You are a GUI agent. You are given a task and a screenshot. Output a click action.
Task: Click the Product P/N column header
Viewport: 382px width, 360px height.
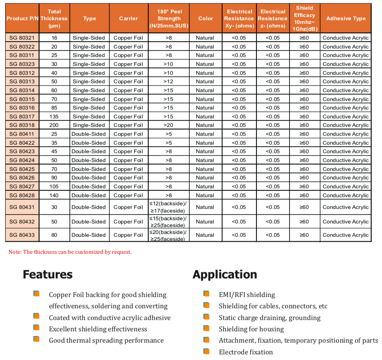[22, 19]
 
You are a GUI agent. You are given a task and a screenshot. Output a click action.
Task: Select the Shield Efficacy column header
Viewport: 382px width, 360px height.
[305, 19]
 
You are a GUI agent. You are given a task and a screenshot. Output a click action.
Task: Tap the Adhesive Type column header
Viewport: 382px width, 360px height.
[346, 19]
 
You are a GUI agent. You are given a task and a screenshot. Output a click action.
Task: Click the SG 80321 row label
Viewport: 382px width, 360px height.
[22, 38]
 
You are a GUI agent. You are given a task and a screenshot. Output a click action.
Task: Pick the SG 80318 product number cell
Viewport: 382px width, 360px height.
[22, 125]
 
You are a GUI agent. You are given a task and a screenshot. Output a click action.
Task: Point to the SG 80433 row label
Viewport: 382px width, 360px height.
[22, 235]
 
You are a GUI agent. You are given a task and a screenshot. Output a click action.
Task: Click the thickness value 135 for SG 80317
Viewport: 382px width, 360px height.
[54, 117]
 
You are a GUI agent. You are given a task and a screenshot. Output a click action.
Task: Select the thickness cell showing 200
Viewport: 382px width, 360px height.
[54, 125]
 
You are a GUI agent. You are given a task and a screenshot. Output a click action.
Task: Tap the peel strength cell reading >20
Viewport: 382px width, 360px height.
[168, 125]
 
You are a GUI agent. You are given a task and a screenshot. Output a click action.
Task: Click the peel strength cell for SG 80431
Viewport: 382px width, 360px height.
[168, 207]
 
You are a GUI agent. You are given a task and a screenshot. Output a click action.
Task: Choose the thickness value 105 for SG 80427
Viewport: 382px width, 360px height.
[54, 187]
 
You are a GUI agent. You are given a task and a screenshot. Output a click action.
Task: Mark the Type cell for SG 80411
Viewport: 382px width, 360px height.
[89, 134]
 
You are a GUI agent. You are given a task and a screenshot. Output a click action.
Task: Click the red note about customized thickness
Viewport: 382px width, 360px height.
[70, 252]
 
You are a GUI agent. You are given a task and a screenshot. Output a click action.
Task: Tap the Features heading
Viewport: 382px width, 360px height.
[48, 275]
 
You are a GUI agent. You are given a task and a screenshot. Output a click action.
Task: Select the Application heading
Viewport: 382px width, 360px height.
[225, 275]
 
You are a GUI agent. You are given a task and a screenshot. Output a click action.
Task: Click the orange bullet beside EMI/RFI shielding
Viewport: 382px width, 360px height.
[206, 294]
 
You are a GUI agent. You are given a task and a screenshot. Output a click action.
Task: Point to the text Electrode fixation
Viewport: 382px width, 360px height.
[246, 352]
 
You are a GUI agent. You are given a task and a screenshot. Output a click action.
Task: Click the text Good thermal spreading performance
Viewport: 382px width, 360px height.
[106, 341]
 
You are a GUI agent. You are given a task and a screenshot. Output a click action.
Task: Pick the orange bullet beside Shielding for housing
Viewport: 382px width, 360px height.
[206, 328]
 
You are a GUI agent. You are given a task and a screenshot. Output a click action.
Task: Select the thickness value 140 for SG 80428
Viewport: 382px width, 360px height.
[54, 196]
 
